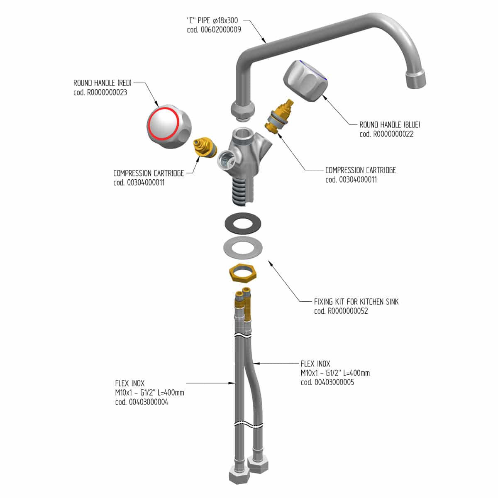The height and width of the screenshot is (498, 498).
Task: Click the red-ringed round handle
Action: (169, 127)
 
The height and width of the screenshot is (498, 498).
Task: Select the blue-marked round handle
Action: (306, 81)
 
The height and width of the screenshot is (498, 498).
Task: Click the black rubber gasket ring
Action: (243, 223)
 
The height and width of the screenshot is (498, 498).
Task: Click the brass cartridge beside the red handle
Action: (205, 147)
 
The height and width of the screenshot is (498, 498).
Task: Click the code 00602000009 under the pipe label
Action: (214, 30)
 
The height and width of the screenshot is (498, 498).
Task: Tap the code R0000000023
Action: (100, 92)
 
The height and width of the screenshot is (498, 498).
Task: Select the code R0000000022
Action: (386, 134)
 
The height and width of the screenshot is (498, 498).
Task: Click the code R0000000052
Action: (341, 311)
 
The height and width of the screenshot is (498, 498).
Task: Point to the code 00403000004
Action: (142, 402)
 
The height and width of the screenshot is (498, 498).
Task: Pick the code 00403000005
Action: (327, 382)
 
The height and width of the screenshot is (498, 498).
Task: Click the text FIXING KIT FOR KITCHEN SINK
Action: (356, 302)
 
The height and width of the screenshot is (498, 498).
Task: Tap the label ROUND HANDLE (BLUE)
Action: (390, 124)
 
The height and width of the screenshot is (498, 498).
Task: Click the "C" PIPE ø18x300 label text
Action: (212, 20)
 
